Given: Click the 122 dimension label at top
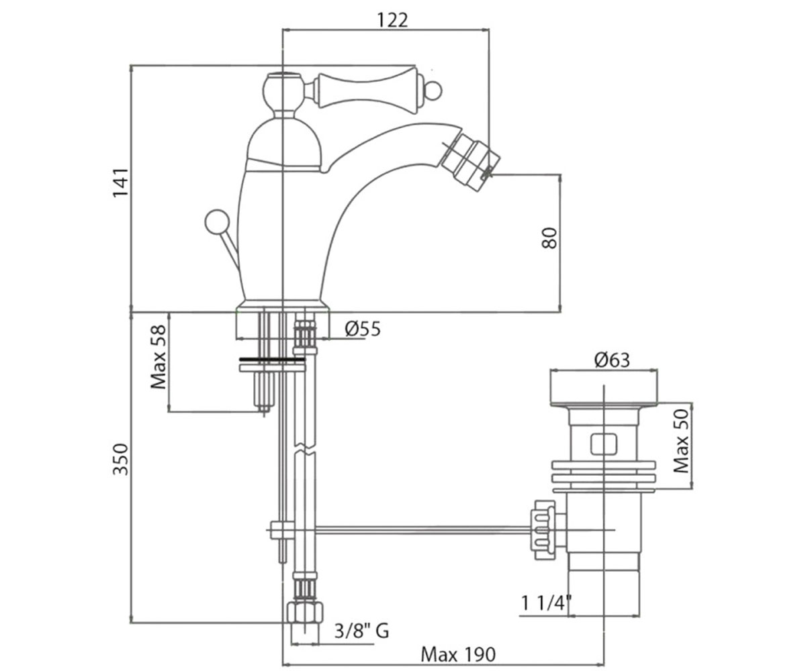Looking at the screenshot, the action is click(x=392, y=20).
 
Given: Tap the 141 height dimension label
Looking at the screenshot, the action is click(x=120, y=183).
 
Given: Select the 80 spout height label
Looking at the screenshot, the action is click(x=549, y=238).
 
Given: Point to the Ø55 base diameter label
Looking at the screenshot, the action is click(x=363, y=329).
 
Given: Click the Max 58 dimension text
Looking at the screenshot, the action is click(x=159, y=357).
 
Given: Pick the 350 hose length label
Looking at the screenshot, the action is click(x=120, y=459).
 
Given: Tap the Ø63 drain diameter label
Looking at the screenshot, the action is click(x=612, y=360).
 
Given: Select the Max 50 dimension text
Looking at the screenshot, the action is click(x=681, y=441).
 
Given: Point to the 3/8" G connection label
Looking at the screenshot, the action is click(x=362, y=631).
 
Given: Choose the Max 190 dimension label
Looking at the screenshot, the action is click(x=458, y=654).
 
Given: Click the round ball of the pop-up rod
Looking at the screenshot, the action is click(x=217, y=221).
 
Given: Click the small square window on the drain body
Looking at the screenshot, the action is click(x=603, y=444).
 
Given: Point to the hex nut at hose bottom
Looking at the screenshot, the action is click(x=306, y=613).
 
